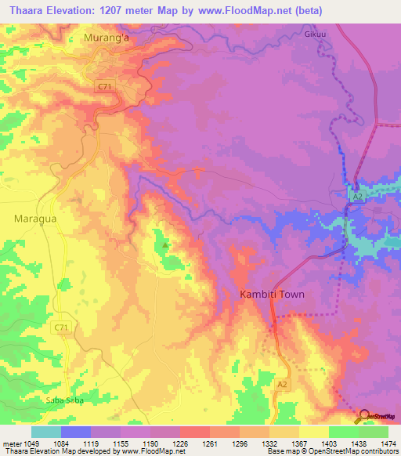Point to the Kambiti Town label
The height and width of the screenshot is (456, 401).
[271, 295]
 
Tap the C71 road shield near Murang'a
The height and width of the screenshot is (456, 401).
[104, 87]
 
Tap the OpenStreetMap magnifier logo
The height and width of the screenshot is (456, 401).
[365, 416]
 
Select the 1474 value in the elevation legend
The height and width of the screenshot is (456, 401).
[378, 443]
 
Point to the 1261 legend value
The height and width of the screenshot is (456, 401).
[211, 443]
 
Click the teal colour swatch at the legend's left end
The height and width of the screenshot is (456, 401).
[45, 432]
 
